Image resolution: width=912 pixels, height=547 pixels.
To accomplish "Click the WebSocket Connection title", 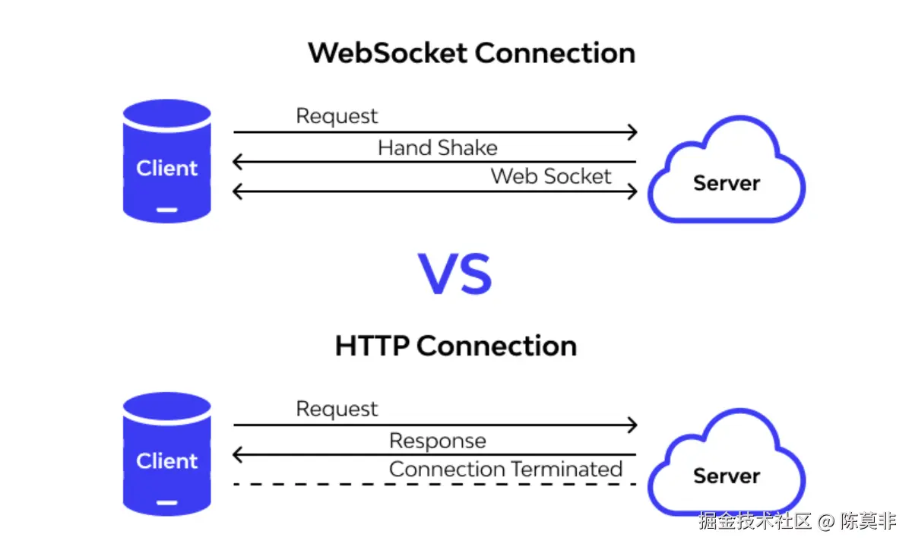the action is point(471,53).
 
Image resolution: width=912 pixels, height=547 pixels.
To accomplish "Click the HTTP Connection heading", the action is point(456,346).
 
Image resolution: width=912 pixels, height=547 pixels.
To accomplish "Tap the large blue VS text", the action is point(455,273).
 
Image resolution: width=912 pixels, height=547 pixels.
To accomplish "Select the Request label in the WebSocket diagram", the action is point(337,116).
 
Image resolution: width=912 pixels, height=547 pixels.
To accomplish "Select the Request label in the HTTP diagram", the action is point(337,409).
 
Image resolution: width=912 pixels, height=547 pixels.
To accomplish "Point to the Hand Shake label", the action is point(438,147).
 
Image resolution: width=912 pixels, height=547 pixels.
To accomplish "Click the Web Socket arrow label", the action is point(551,176).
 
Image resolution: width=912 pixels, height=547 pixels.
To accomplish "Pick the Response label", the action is point(438,441).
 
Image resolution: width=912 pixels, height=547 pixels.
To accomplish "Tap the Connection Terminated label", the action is point(505,470).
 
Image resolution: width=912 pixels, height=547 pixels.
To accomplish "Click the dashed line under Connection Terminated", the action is point(435,485).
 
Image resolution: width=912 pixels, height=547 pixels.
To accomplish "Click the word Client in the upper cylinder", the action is point(167,168).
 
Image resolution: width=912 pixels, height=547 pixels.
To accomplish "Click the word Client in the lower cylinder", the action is point(167,460).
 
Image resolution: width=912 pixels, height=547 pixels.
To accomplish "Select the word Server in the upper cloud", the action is point(727,183).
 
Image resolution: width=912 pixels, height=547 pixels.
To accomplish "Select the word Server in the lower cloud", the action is point(727,476).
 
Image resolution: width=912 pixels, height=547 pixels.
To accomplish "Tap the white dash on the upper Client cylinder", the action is point(167,210).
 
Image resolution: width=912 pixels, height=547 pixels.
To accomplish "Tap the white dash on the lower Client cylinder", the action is point(167,503).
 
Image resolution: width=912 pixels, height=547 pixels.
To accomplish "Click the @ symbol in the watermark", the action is point(826,521).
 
